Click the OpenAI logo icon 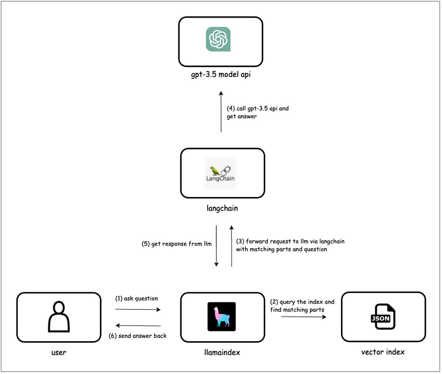(x=218, y=39)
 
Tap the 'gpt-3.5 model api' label (x=221, y=74)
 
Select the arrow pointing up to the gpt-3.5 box (x=221, y=112)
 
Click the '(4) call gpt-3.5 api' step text (x=258, y=112)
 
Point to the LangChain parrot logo (x=220, y=173)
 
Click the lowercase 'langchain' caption (x=222, y=208)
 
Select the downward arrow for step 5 (x=216, y=246)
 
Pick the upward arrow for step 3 (x=232, y=246)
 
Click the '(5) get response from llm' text (x=176, y=244)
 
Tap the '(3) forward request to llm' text (x=290, y=245)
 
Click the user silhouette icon (x=59, y=316)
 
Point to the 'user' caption (x=59, y=353)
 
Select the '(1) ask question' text (x=137, y=298)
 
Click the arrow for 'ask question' (x=138, y=309)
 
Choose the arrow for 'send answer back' (x=138, y=326)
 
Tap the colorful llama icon (x=222, y=316)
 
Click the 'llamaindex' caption (x=222, y=353)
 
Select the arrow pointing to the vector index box (x=304, y=317)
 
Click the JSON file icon (x=383, y=316)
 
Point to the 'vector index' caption (x=383, y=352)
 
